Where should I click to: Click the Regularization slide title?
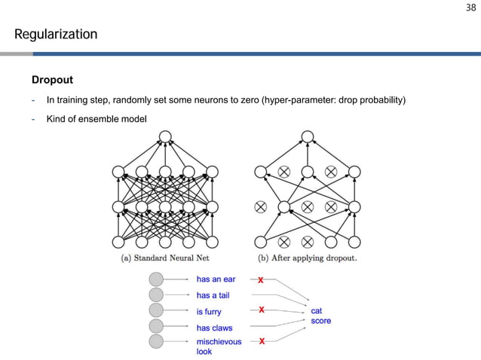click(56, 35)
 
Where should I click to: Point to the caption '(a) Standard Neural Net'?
click(165, 258)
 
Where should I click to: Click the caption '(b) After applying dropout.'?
click(308, 258)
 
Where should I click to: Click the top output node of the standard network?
click(164, 137)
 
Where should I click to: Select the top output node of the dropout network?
click(307, 137)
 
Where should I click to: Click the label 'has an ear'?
click(216, 279)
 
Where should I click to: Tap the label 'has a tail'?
click(213, 295)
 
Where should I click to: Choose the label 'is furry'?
click(209, 311)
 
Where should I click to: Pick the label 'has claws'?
click(214, 328)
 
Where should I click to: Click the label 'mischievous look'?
click(219, 346)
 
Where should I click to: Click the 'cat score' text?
click(320, 316)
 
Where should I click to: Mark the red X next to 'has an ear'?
click(261, 280)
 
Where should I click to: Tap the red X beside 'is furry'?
click(261, 310)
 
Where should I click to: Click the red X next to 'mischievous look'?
click(262, 341)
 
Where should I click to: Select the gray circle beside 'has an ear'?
click(156, 279)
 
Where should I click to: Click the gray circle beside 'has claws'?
click(156, 326)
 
